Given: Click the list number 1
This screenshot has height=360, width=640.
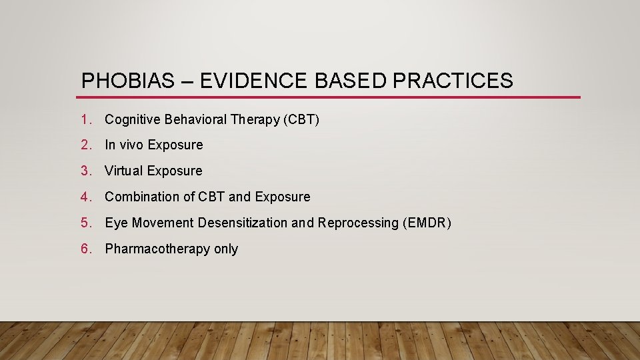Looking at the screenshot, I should pos(85,120).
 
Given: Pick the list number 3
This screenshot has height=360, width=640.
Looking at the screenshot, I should pos(85,171).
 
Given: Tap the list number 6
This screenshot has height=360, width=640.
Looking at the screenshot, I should pos(85,249).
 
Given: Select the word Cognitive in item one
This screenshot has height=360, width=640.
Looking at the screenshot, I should pos(133,120).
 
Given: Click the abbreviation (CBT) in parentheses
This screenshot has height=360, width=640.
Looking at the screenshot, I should pos(301,120).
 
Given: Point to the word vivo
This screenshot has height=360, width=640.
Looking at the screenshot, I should pos(132,145).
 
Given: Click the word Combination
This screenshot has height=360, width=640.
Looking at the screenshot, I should pos(140,197).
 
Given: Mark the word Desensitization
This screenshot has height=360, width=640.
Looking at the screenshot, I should pos(245,223).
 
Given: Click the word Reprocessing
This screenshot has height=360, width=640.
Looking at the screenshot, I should pos(358,223).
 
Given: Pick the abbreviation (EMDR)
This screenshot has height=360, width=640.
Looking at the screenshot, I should pos(427,223).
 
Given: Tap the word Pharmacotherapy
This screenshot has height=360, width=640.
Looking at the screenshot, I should pos(157,249).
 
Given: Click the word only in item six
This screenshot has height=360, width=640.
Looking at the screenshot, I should pos(226,249).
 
